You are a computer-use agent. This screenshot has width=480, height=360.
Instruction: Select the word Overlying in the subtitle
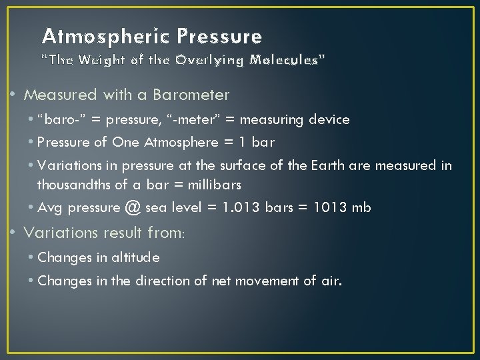tap(210, 60)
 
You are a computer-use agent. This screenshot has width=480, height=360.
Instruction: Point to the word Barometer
tap(191, 95)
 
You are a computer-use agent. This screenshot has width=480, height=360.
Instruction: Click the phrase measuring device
tap(295, 120)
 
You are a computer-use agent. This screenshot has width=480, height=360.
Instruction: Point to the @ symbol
tap(133, 207)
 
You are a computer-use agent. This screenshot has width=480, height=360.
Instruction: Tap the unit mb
tap(361, 207)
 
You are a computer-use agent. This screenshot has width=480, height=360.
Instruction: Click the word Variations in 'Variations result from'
tap(58, 233)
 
